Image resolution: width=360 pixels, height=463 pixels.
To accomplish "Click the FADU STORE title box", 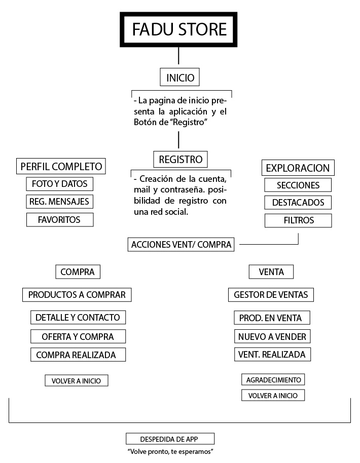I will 179,29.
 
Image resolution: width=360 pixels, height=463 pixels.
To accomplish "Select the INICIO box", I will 180,78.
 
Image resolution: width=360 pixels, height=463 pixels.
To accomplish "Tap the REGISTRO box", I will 181,160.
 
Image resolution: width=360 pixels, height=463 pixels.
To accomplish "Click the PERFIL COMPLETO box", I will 61,166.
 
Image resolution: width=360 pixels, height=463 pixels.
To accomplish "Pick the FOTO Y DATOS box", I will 59,183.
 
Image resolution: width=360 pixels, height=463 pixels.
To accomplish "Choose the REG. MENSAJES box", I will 59,202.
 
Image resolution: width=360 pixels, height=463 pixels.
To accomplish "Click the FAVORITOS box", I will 59,220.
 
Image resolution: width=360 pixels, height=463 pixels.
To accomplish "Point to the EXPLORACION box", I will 298,168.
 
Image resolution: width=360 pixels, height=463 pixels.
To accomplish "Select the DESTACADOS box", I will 298,203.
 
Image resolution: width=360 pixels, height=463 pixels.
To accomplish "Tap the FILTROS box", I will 298,220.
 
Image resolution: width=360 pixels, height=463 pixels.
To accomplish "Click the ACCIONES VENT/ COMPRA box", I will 181,245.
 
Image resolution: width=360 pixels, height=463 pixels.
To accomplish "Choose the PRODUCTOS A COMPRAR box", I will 77,294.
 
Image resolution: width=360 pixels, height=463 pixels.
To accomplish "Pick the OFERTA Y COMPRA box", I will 78,336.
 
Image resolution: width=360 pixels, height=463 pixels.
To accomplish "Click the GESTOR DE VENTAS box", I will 271,294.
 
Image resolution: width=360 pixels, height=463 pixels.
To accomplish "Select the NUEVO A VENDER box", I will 272,336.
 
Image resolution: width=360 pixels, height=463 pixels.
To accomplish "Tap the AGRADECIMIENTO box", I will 273,379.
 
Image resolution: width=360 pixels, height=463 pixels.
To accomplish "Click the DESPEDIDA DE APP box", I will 170,439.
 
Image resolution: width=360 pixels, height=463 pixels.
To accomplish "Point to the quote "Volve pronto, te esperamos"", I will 170,451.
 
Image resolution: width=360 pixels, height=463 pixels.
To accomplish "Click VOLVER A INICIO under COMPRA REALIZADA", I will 77,380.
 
